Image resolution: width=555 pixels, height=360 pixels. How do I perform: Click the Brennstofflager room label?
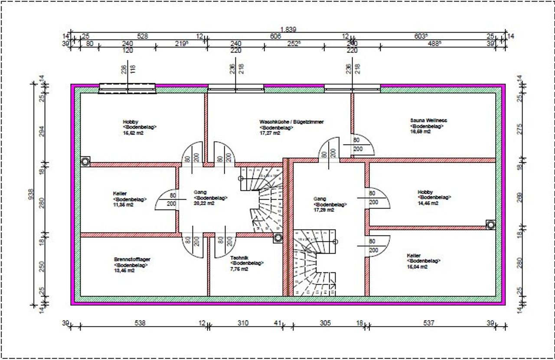[x=132, y=259]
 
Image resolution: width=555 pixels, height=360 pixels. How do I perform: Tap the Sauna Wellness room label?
[x=428, y=121]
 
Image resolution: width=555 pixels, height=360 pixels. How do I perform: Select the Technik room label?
[x=239, y=257]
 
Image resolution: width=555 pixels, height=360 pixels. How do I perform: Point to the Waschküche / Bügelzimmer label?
[x=291, y=122]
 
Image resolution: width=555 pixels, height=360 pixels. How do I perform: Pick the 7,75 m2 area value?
[x=239, y=269]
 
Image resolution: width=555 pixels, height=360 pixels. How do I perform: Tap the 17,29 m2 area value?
[x=324, y=210]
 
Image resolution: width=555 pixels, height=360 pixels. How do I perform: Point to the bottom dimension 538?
[x=140, y=323]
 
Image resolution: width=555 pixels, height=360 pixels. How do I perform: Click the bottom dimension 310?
[x=243, y=323]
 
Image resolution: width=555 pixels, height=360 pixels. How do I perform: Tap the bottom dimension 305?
[x=325, y=323]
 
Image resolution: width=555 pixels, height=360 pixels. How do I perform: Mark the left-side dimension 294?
[x=42, y=131]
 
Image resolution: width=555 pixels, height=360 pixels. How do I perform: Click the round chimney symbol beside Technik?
[x=277, y=238]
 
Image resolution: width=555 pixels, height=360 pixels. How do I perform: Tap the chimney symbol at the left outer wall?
[x=85, y=162]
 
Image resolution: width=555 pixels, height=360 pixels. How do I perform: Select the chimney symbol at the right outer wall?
[x=490, y=225]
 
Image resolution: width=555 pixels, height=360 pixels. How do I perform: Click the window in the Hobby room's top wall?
[x=127, y=88]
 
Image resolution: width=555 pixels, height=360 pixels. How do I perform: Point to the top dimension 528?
[x=143, y=36]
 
